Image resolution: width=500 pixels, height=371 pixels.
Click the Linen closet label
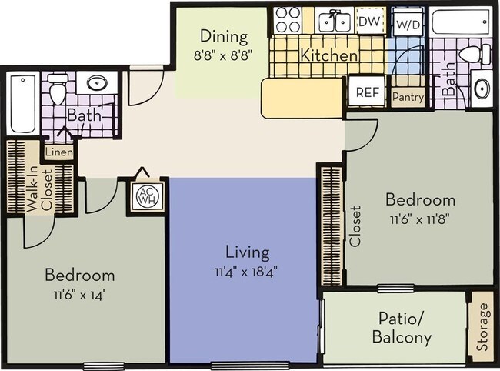58,152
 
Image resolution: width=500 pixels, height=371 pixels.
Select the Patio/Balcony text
402,328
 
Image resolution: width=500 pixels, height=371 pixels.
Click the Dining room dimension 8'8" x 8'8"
223,55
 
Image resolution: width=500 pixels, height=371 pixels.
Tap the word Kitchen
328,56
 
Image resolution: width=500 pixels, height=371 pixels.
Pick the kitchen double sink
335,22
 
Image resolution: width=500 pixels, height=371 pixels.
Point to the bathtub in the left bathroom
20,104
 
